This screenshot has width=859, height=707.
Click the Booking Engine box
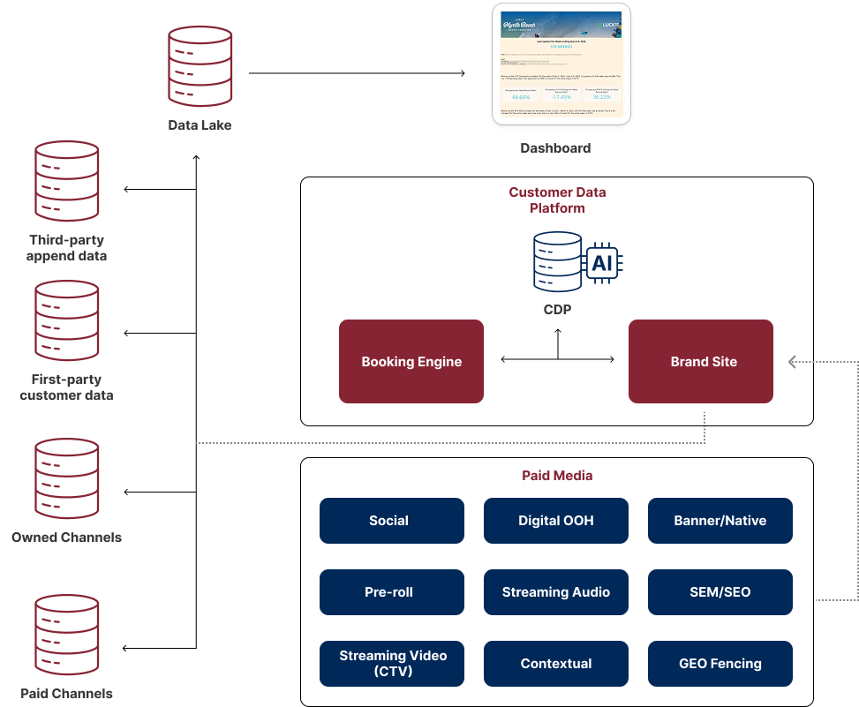[411, 361]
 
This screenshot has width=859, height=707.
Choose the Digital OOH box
[556, 521]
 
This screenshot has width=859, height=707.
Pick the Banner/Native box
[720, 521]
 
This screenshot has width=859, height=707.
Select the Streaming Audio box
[556, 592]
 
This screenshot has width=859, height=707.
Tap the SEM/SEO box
[720, 592]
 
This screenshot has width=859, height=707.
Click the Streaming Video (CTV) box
[391, 664]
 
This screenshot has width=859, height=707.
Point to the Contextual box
[556, 664]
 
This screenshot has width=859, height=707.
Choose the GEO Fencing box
[720, 664]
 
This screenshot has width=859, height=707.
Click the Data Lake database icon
[200, 67]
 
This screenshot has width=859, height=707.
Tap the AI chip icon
[603, 263]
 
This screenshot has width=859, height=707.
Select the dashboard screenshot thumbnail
[561, 64]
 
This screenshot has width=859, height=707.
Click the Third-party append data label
[67, 248]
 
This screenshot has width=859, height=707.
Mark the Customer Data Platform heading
[557, 199]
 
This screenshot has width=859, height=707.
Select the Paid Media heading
[556, 476]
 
